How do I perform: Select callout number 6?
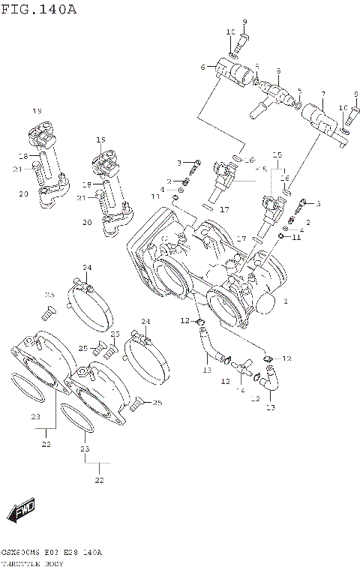(x=202, y=67)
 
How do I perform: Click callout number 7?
(x=322, y=96)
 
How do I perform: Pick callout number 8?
(x=277, y=72)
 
